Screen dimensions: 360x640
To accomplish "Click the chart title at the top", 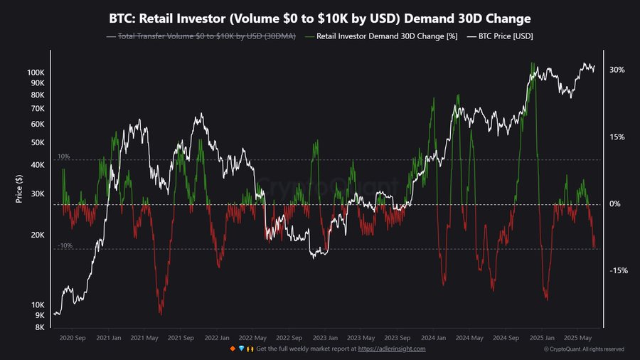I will click(320, 18).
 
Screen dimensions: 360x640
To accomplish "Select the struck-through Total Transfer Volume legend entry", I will click(201, 36).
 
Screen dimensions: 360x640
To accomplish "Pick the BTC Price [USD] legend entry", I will click(503, 36).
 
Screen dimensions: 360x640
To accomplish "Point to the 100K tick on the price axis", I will click(35, 73).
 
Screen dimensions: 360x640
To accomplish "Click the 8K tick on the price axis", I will click(39, 327).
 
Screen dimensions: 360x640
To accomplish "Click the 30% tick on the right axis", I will click(617, 70).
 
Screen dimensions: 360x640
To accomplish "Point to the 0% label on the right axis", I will click(615, 204).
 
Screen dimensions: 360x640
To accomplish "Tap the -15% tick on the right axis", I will click(618, 270).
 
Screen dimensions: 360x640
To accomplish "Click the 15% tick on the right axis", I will click(617, 137).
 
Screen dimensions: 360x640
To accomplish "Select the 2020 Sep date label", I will click(73, 338).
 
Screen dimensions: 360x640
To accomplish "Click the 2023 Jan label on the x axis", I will click(325, 338).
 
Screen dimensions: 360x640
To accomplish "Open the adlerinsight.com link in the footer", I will click(392, 349).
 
